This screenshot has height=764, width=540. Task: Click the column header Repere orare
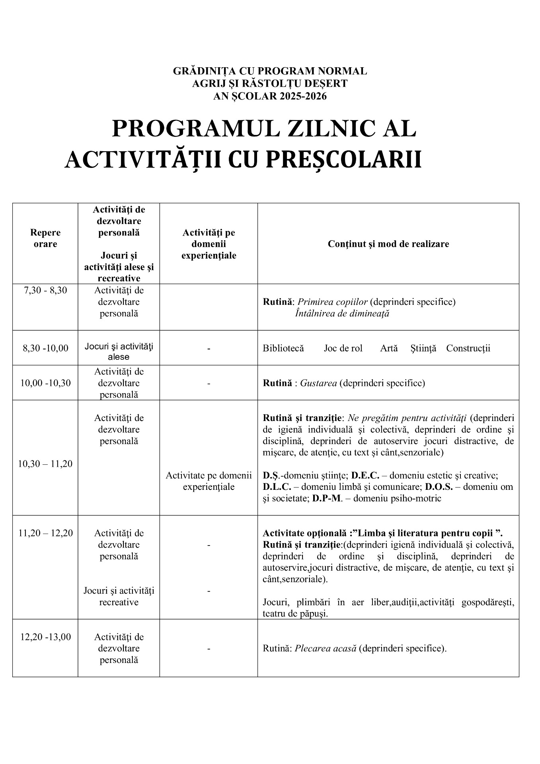click(x=45, y=238)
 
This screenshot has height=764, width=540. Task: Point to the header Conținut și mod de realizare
click(x=388, y=244)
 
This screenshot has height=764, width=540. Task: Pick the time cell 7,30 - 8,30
click(x=45, y=290)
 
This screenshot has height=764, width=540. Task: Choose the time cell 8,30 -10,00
click(x=45, y=348)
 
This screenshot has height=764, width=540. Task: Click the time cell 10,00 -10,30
click(x=45, y=383)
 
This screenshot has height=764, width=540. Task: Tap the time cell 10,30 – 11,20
click(x=45, y=464)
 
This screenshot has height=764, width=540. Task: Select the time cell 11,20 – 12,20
click(x=45, y=533)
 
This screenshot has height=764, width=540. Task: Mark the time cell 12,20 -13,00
click(x=45, y=637)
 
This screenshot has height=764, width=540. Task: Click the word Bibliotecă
click(x=283, y=348)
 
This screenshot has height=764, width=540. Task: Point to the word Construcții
click(x=468, y=348)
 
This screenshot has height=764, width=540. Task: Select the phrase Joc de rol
click(x=343, y=348)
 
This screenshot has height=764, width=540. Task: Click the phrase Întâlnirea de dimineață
click(x=342, y=313)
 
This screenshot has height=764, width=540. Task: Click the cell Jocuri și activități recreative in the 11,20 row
click(x=119, y=596)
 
